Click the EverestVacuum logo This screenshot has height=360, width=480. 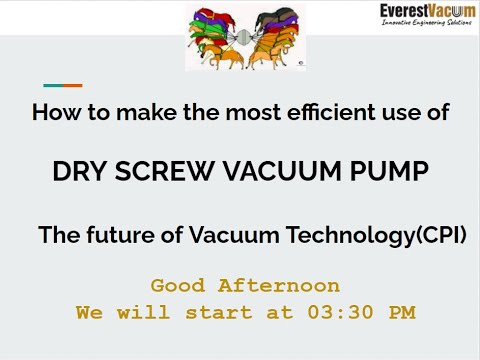click(427, 11)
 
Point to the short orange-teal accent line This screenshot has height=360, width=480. click(62, 85)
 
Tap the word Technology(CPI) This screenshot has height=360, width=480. click(395, 237)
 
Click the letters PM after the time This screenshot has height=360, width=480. click(401, 313)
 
